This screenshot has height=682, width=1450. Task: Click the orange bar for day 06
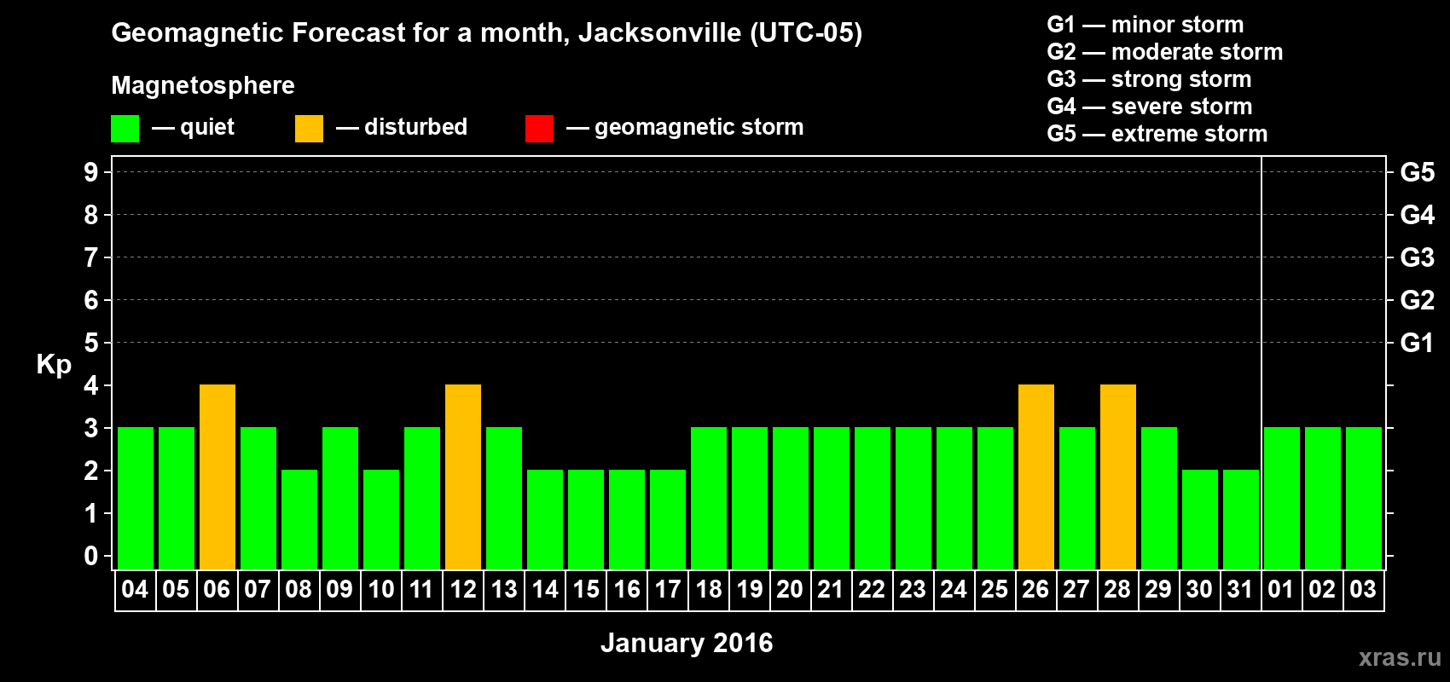click(x=217, y=477)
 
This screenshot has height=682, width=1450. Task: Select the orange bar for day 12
click(x=463, y=477)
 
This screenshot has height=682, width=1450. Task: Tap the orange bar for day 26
click(x=1036, y=477)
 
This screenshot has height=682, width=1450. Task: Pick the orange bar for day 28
click(x=1118, y=477)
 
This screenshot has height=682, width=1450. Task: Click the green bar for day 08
click(x=299, y=519)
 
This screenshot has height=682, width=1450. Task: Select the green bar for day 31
click(x=1241, y=519)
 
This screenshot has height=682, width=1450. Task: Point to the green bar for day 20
click(x=791, y=498)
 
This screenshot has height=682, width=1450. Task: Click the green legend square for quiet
click(x=125, y=129)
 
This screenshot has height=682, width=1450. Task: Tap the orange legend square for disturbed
click(x=309, y=129)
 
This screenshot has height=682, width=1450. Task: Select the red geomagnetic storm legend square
click(x=539, y=129)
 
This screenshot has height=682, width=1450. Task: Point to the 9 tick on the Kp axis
click(x=91, y=172)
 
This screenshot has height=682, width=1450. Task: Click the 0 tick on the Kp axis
click(x=91, y=557)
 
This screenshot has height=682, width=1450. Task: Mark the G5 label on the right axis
click(x=1417, y=172)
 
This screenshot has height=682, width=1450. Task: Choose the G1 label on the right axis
click(x=1417, y=343)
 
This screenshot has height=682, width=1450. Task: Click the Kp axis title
click(x=54, y=365)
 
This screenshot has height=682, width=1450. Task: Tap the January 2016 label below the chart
click(x=687, y=643)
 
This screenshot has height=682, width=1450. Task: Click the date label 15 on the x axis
click(x=586, y=589)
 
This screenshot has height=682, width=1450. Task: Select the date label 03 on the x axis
click(x=1363, y=589)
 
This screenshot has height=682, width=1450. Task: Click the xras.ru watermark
click(x=1400, y=657)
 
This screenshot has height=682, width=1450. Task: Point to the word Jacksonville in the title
click(x=659, y=33)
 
